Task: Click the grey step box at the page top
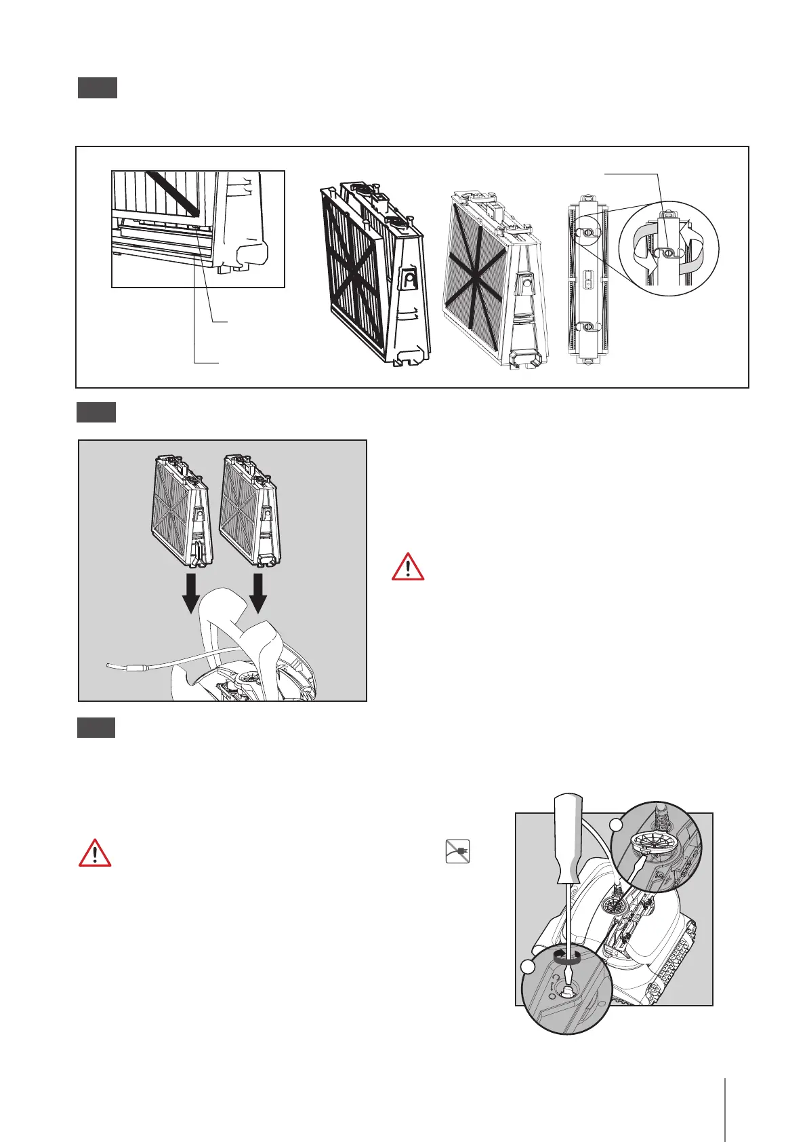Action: [97, 88]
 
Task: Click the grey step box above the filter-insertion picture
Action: [96, 412]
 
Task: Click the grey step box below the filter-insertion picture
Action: [96, 728]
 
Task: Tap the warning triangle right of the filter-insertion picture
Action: [408, 567]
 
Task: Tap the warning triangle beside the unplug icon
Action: [96, 852]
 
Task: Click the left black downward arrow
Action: [191, 592]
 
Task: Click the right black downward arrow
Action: [258, 592]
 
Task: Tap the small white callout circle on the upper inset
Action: [617, 825]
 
